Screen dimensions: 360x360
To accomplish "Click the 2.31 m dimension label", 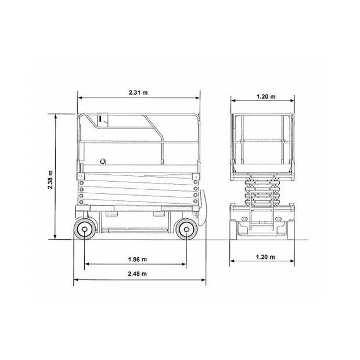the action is (x=138, y=92).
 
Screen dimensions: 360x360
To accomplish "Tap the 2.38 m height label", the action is (x=51, y=180).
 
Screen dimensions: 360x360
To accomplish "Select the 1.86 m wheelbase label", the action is (x=137, y=260).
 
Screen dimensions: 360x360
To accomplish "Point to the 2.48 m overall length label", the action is (x=137, y=273).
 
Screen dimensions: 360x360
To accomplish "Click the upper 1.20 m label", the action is (x=266, y=96).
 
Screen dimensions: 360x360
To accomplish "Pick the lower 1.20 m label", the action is (x=265, y=257).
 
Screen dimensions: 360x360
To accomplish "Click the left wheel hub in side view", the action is (x=85, y=229).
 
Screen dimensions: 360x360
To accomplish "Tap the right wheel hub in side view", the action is (x=186, y=229).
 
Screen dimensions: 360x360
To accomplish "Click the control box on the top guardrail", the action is (x=102, y=120).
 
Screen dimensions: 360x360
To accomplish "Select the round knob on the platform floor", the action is (x=103, y=161).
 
